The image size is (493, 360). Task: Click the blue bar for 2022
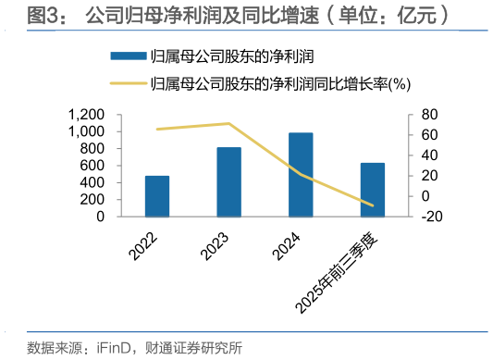[157, 195]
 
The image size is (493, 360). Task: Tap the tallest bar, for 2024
[301, 174]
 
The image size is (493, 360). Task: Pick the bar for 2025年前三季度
[373, 189]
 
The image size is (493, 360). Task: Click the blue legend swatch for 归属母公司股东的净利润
[126, 57]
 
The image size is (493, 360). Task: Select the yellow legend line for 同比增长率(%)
[126, 83]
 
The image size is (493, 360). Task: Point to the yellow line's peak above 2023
[229, 123]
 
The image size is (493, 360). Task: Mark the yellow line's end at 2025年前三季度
[373, 205]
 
